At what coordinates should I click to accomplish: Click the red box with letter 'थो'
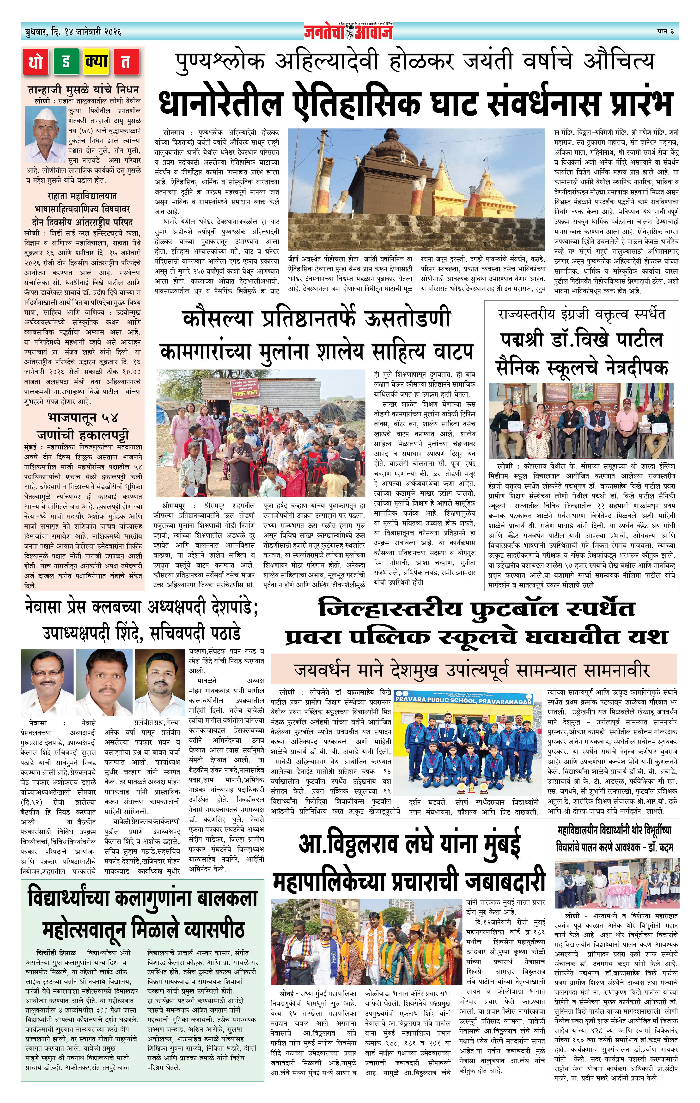point(36,62)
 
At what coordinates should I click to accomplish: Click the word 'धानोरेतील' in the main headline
point(220,103)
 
